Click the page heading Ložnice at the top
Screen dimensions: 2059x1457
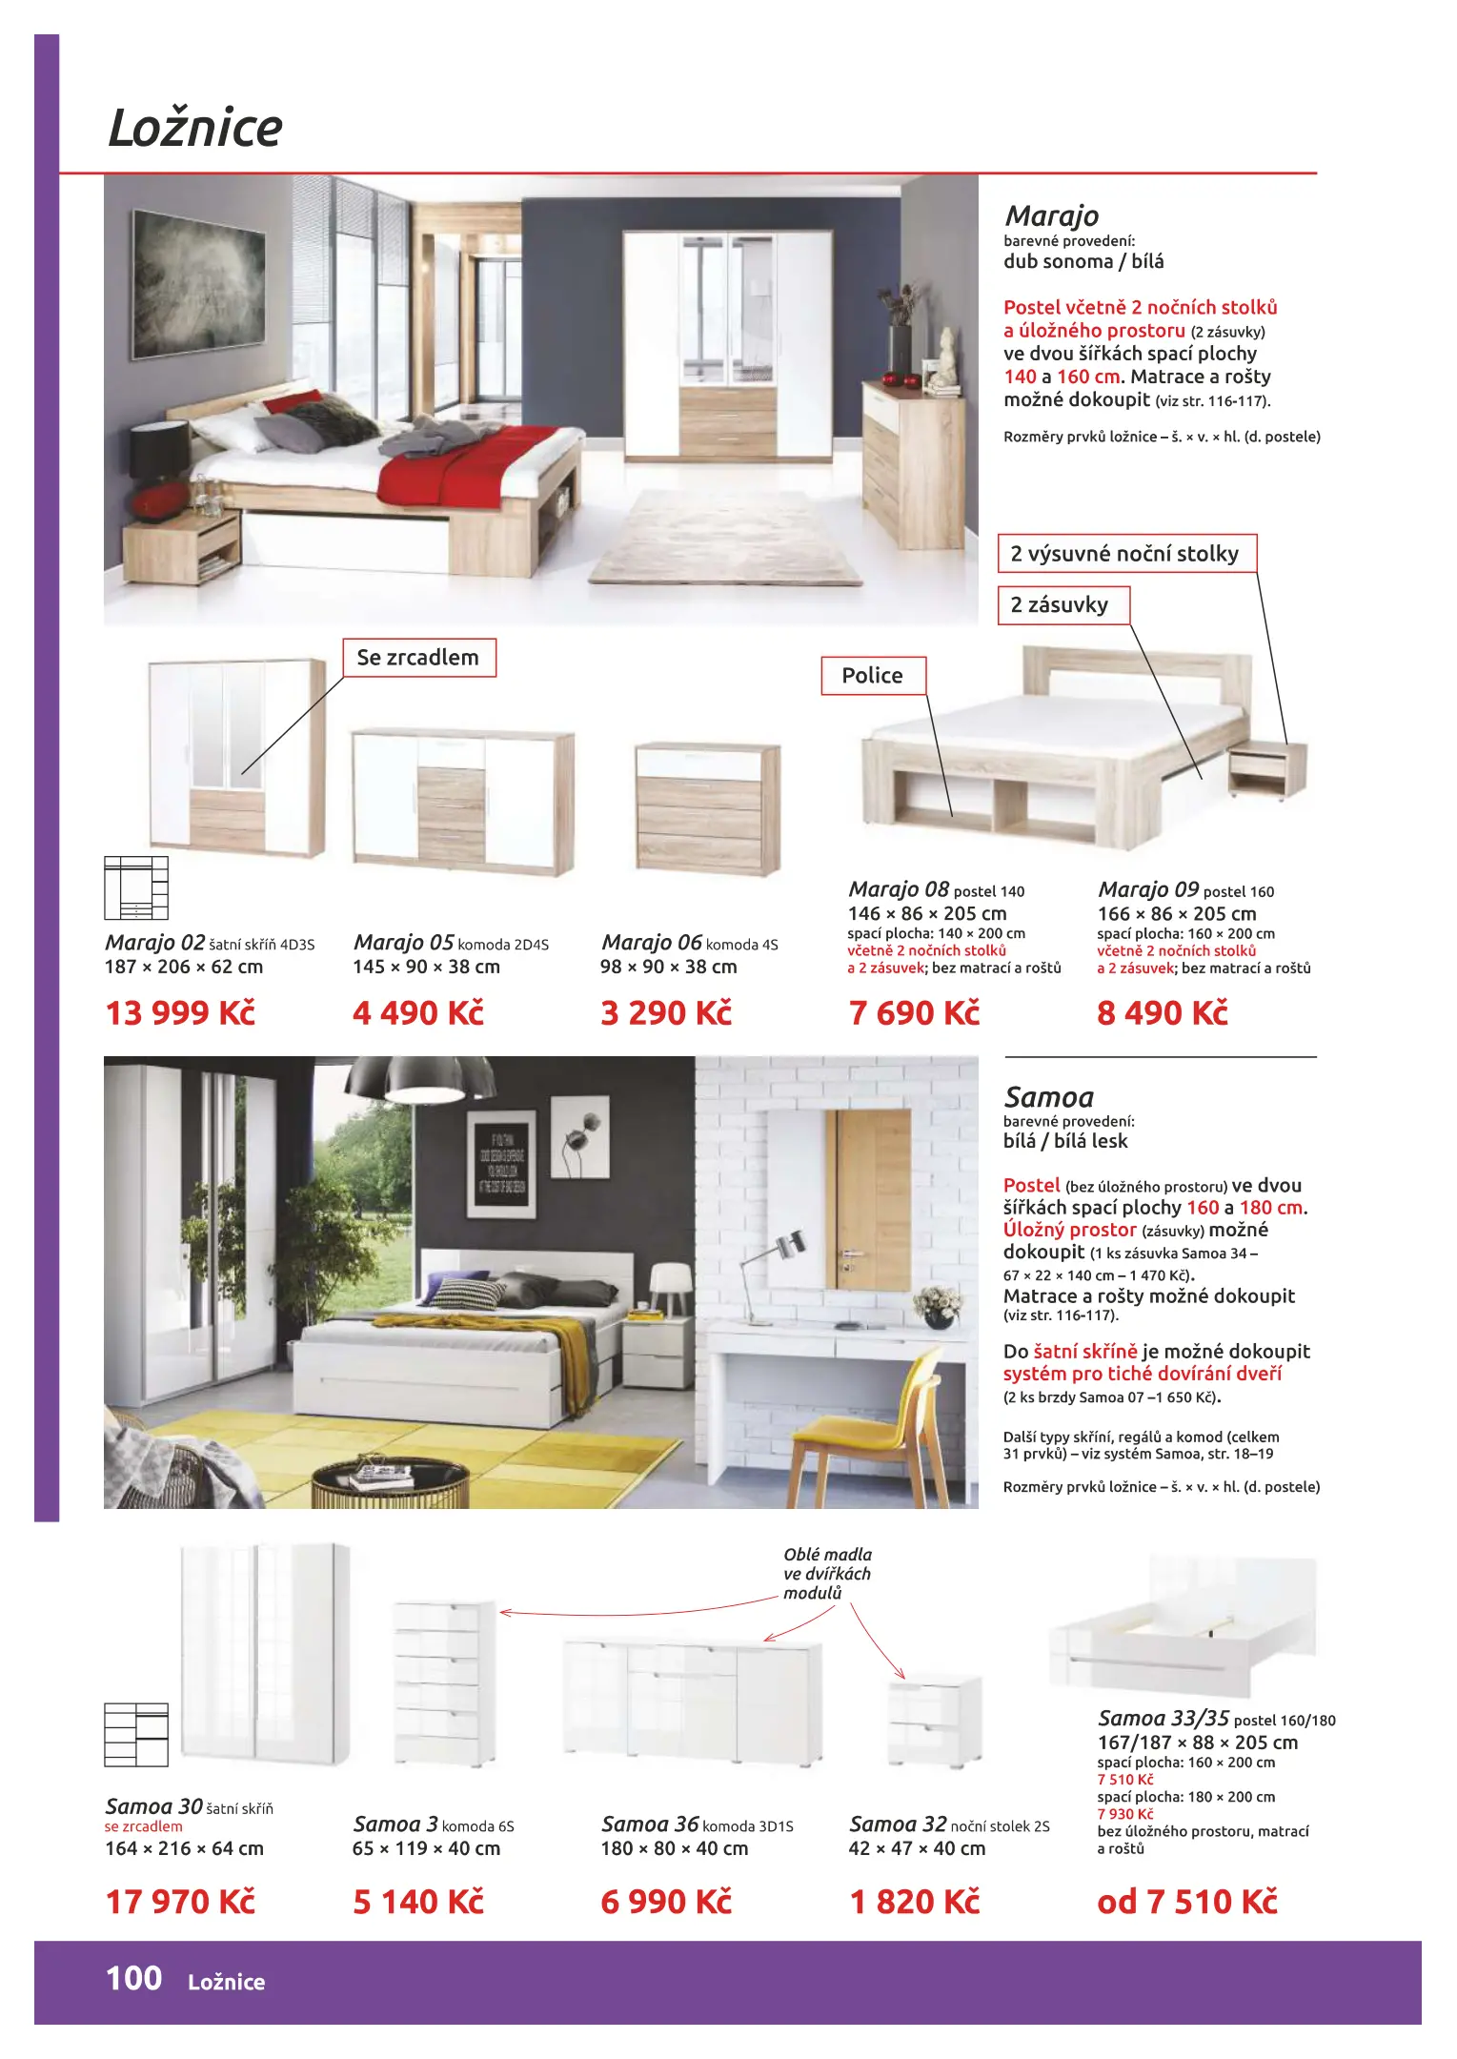click(195, 129)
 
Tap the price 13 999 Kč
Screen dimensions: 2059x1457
click(181, 1012)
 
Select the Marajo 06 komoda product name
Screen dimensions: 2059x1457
click(690, 943)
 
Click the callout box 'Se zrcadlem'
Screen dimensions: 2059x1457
click(419, 658)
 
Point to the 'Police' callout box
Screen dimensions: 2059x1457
click(873, 676)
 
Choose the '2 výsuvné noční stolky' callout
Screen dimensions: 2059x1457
click(1126, 554)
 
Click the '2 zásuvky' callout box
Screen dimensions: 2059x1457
click(1062, 605)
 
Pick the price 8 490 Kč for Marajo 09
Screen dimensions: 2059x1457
click(1163, 1012)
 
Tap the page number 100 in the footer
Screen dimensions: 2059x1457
click(133, 1979)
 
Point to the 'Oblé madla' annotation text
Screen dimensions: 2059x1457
click(827, 1573)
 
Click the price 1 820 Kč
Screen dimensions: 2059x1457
click(915, 1902)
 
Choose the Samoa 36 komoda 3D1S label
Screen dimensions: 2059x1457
click(698, 1825)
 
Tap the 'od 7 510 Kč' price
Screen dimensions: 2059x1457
click(1187, 1902)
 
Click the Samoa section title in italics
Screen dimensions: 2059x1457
click(1049, 1097)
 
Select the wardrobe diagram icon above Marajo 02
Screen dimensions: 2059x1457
click(136, 887)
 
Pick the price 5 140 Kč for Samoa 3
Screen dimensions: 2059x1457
click(418, 1902)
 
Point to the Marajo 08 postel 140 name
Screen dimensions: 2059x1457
click(937, 889)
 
